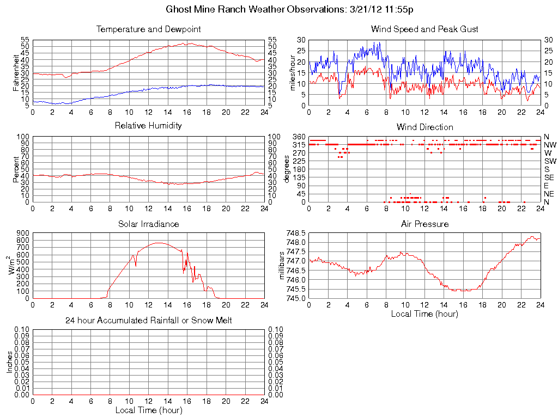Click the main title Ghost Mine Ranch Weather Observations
(289, 10)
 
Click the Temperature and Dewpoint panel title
(148, 29)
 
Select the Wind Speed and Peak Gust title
(424, 29)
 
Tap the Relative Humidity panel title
(148, 126)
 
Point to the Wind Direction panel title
(424, 127)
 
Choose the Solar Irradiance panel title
(148, 224)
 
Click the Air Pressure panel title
(424, 224)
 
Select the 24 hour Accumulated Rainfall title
(148, 321)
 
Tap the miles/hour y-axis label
(293, 72)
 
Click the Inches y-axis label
(9, 362)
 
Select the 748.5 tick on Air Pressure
(296, 233)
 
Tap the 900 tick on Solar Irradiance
(22, 233)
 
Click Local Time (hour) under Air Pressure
(424, 313)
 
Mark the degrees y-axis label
(287, 169)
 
